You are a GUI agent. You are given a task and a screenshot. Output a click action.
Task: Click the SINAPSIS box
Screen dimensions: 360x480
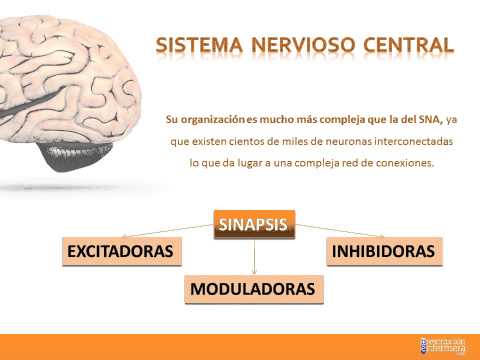pyautogui.click(x=256, y=225)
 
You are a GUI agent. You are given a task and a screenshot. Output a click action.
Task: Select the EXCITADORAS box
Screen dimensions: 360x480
pyautogui.click(x=122, y=251)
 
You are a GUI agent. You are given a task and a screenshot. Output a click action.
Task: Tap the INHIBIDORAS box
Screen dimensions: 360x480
pyautogui.click(x=383, y=251)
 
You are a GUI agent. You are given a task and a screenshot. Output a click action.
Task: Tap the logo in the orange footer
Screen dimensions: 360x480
pyautogui.click(x=443, y=346)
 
